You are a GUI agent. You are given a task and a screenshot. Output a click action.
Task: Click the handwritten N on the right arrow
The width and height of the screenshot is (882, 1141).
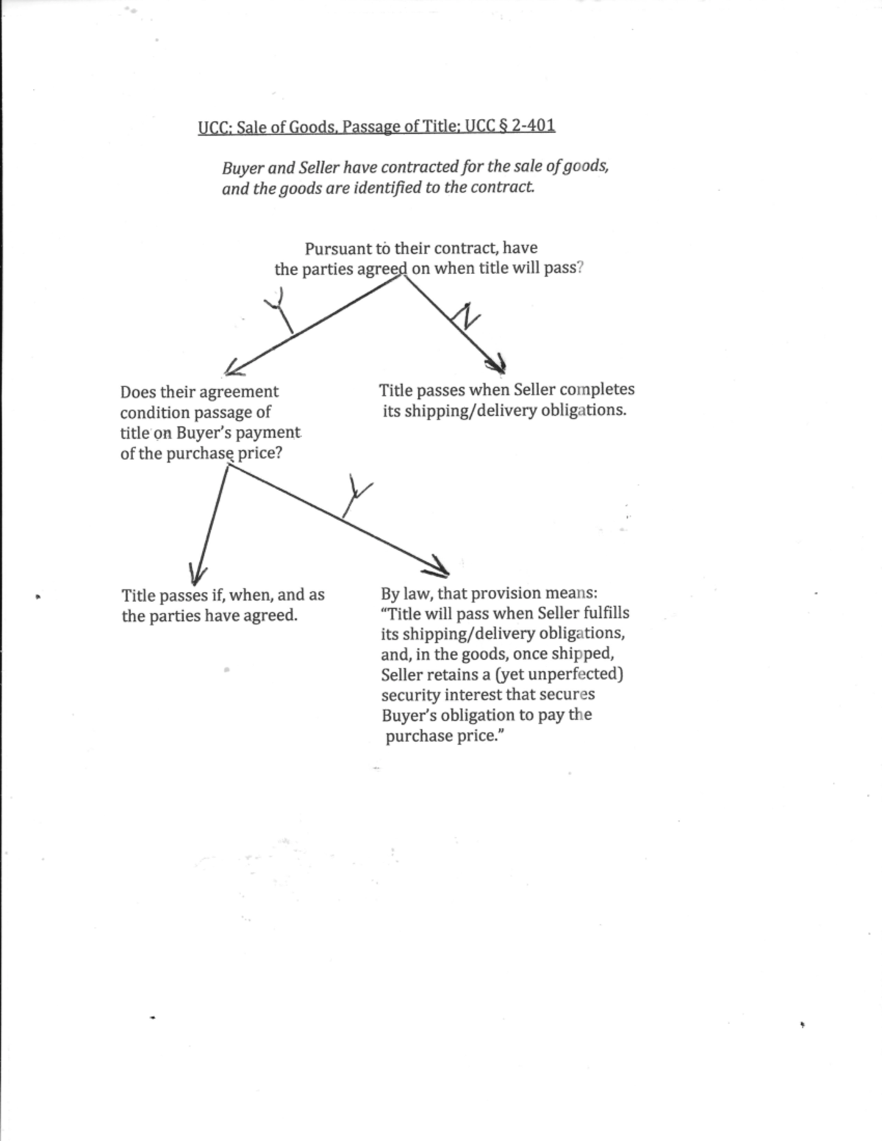[x=466, y=317]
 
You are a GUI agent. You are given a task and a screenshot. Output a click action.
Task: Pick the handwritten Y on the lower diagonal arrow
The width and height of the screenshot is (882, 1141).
[x=356, y=495]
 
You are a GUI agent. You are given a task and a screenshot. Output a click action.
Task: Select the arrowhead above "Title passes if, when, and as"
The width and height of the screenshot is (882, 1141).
[x=196, y=572]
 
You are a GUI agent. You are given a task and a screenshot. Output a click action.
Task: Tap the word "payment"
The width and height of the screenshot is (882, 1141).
[x=268, y=433]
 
